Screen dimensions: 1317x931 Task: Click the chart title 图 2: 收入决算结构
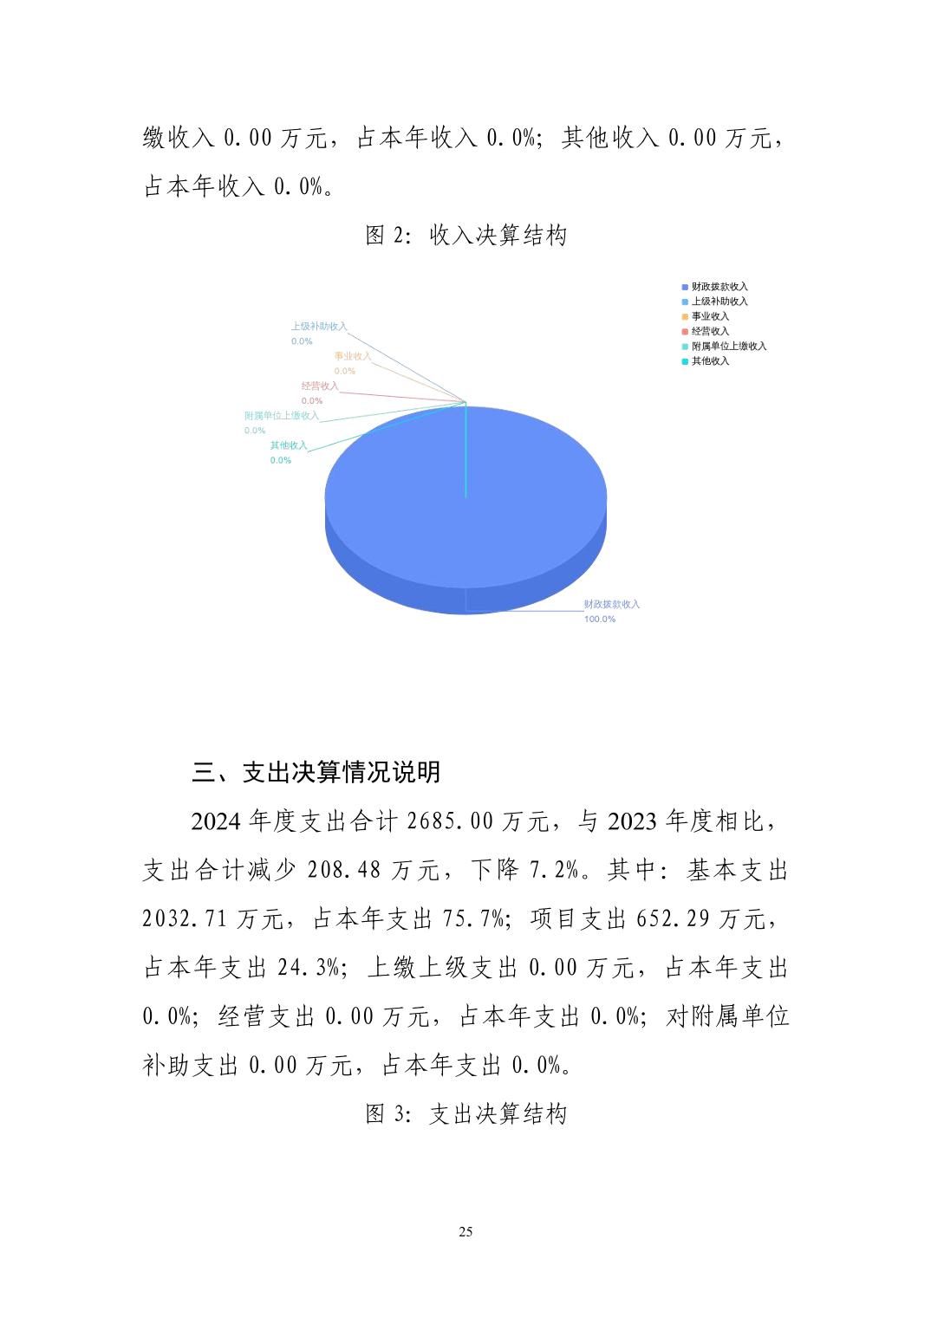pos(465,236)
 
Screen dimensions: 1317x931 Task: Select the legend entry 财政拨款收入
pos(719,287)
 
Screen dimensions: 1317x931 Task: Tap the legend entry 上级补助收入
pos(719,302)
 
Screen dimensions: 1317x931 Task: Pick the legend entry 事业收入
pos(709,316)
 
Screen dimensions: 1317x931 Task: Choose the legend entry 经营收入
pos(709,331)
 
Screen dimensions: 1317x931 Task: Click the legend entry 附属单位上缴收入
pos(728,346)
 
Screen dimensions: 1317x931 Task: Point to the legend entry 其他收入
pos(709,361)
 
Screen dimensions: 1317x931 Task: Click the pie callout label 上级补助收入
pos(318,327)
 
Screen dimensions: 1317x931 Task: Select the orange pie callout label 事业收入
pos(352,356)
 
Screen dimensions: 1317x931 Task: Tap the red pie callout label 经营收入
pos(319,386)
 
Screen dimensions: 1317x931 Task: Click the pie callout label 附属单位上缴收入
pos(281,416)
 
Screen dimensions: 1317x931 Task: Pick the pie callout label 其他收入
pos(288,445)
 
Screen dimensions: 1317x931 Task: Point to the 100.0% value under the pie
pos(599,620)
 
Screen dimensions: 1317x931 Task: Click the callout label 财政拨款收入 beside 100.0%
pos(611,604)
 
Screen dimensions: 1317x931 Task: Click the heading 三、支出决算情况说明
pos(316,772)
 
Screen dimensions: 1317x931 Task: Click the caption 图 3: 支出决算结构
pos(465,1114)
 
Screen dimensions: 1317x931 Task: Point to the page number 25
pos(465,1232)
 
